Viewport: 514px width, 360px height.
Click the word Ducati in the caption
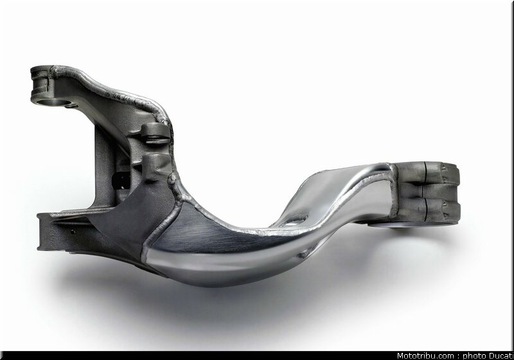click(501, 356)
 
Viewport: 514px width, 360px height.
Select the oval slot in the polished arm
click(297, 219)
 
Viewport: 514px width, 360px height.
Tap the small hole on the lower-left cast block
click(73, 232)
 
